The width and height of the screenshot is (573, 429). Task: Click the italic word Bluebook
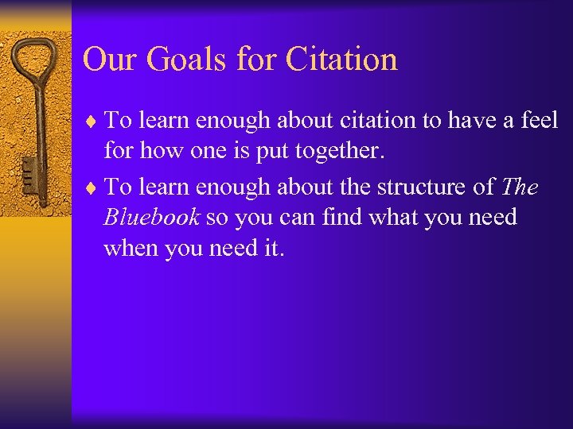tap(151, 217)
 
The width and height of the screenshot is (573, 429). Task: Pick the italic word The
tap(521, 187)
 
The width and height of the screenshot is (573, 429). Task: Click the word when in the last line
tap(129, 247)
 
